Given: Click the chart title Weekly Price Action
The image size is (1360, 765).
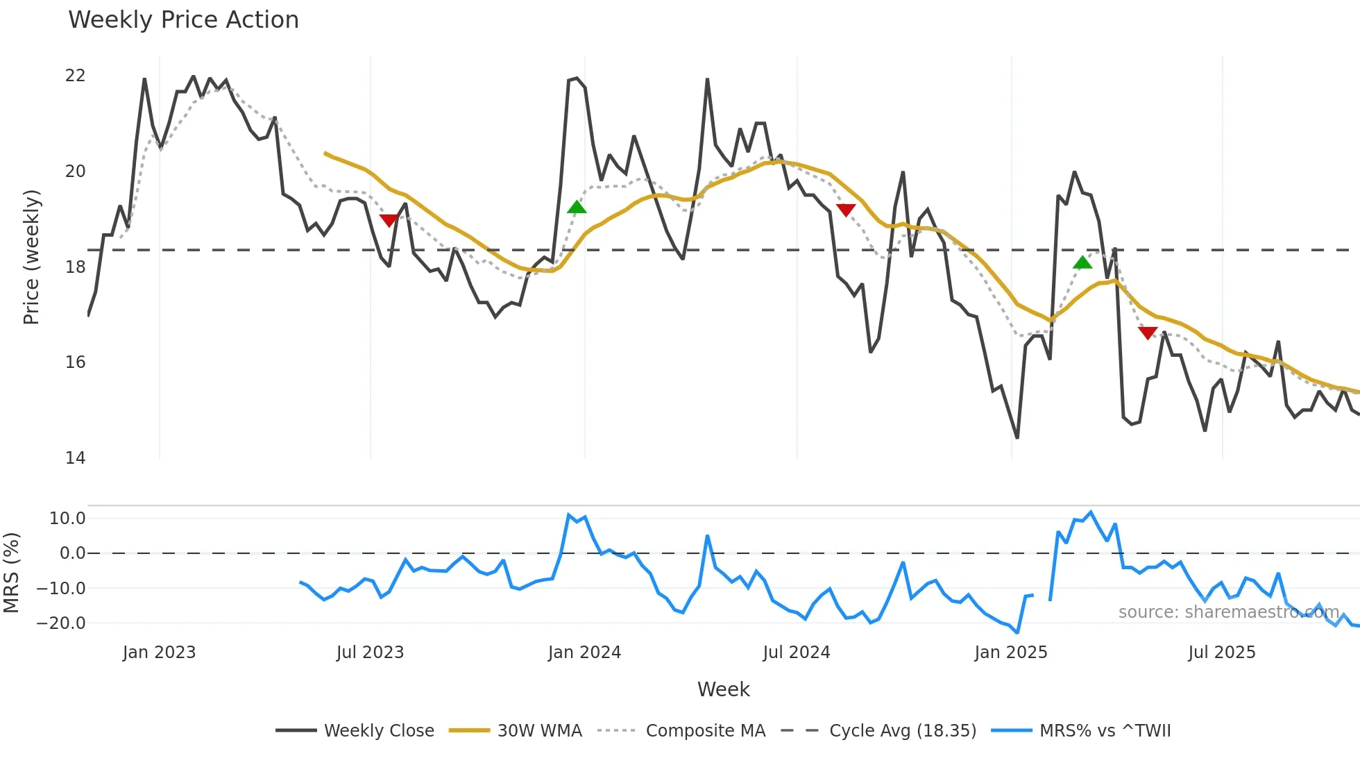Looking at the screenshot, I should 183,20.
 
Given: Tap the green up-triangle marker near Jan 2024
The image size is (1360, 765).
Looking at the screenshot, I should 577,207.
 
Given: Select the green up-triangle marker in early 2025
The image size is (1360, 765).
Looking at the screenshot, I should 1082,262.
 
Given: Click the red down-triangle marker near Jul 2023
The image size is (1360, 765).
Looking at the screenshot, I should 389,220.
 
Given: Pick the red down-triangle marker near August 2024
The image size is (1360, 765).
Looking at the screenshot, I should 846,210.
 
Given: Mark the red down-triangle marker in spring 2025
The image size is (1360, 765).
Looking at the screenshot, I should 1148,333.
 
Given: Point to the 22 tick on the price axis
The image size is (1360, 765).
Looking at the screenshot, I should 75,76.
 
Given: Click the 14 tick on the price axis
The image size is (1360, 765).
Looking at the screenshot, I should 75,458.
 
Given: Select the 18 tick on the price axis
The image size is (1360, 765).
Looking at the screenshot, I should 75,267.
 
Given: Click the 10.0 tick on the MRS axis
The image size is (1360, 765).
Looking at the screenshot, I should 67,519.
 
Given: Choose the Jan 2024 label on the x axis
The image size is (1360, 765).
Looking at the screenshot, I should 584,653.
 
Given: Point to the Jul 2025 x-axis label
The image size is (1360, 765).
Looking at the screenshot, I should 1221,653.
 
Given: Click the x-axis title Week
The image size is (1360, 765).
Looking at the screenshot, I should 723,689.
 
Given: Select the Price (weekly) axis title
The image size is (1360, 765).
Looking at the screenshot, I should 31,257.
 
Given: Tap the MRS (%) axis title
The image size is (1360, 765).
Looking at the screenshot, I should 11,573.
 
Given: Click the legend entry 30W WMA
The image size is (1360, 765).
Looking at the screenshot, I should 539,731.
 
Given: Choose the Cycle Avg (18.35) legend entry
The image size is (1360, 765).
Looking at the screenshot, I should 902,731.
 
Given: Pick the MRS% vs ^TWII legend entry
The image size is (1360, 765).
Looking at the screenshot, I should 1105,731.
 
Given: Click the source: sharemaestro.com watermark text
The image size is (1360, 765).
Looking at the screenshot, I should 1228,612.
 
